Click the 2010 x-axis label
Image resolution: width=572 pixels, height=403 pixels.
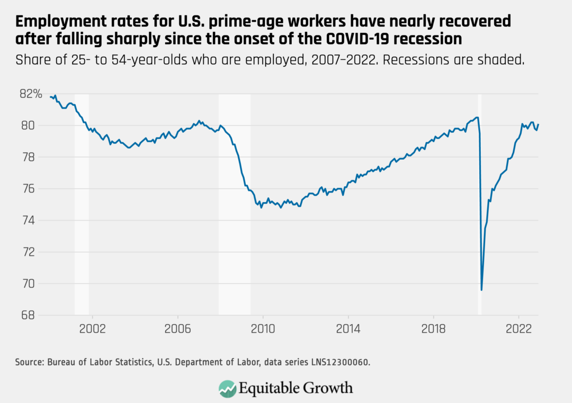click(263, 327)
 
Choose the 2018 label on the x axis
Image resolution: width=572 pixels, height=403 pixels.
click(433, 327)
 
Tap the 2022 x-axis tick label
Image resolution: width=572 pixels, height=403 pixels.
click(519, 327)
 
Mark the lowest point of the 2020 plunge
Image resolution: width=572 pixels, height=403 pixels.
click(481, 290)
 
